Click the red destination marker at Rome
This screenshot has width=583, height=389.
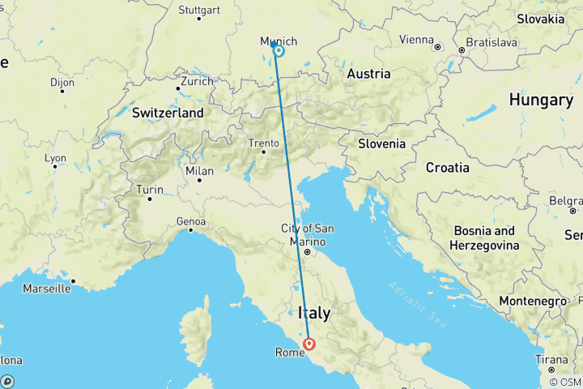click(309, 346)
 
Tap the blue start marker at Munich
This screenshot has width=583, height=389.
click(278, 50)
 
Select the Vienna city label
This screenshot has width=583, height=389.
click(416, 39)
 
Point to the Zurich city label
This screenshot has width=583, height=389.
click(198, 81)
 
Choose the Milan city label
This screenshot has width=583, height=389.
click(199, 171)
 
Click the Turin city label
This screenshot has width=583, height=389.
click(150, 190)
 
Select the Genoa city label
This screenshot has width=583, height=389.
click(190, 220)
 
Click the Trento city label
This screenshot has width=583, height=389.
click(264, 143)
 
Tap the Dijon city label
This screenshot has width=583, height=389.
click(62, 82)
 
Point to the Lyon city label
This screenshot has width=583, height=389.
click(56, 158)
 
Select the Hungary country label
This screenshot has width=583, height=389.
click(540, 100)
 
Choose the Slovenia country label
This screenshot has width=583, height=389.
click(382, 143)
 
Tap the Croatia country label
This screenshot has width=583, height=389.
click(447, 168)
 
